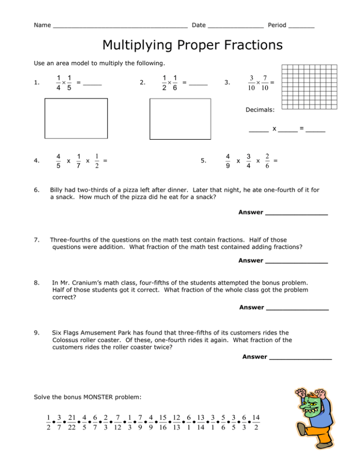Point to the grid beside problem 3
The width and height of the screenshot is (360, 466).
(309, 87)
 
